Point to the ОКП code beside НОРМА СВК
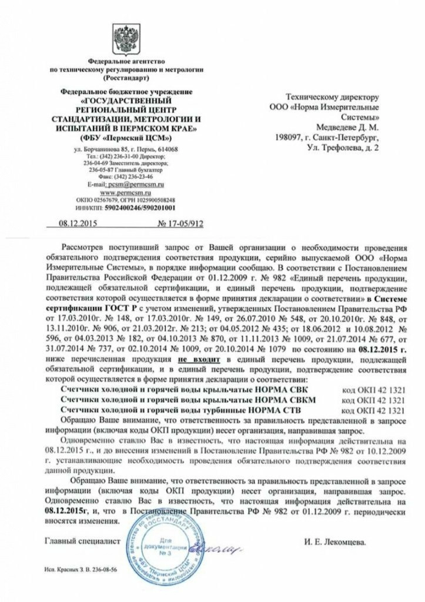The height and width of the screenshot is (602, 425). tap(372, 390)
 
